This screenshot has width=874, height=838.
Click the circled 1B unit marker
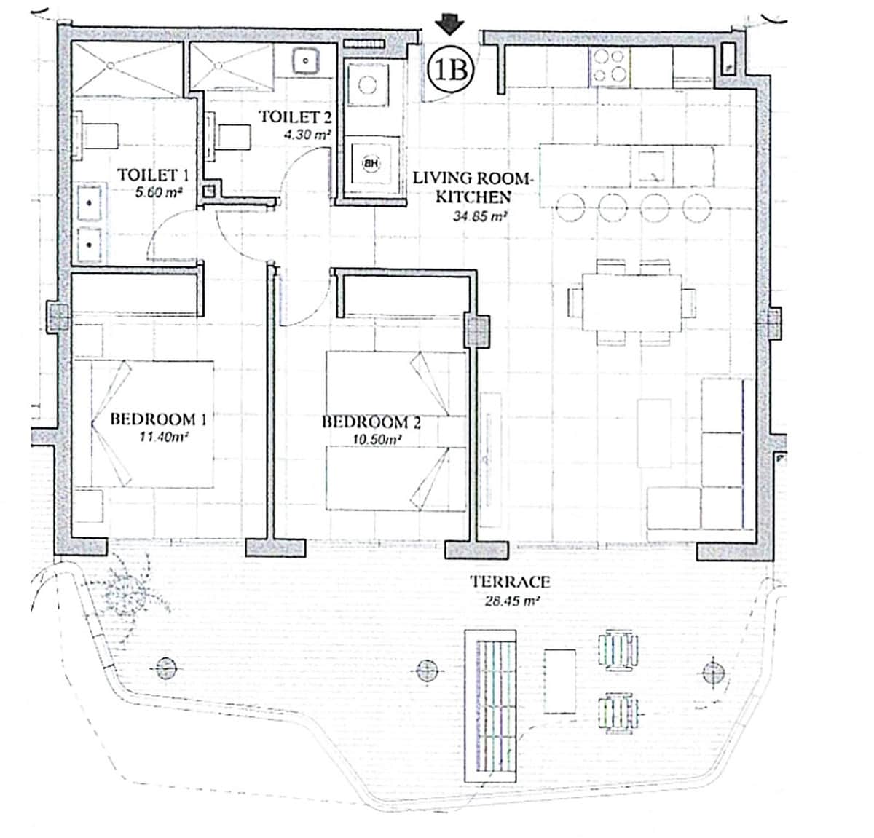(x=450, y=70)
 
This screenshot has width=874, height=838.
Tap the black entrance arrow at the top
(x=450, y=25)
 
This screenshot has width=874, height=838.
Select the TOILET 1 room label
(x=153, y=175)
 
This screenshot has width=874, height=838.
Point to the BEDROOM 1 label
(x=158, y=419)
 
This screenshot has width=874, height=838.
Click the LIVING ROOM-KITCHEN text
(x=473, y=186)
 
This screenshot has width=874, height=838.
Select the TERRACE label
(x=509, y=582)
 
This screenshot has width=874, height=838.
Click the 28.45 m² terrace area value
(x=512, y=601)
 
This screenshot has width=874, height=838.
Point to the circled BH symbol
(x=371, y=164)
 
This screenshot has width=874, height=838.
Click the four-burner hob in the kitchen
(x=610, y=66)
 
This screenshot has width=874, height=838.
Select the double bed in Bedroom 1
(x=152, y=424)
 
